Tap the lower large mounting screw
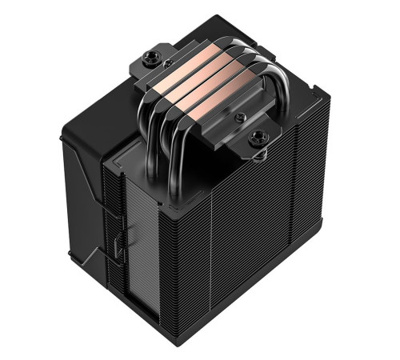click(x=257, y=138)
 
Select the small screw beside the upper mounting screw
click(x=166, y=62)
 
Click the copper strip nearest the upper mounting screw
click(x=191, y=71)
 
